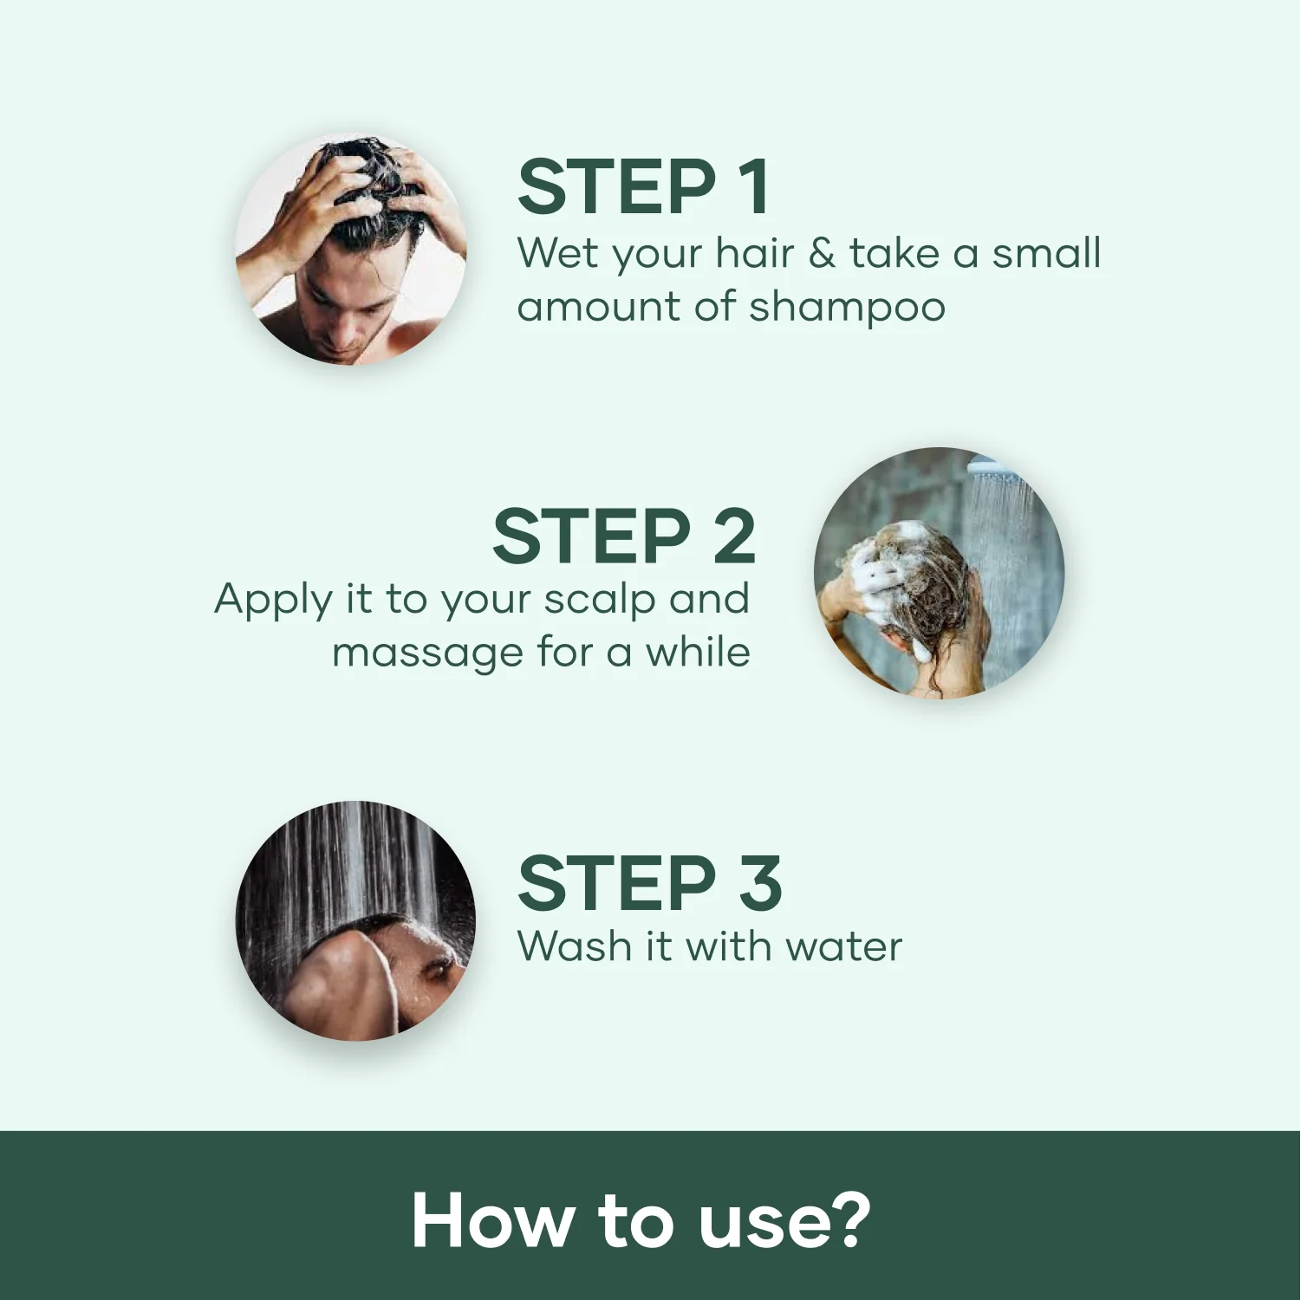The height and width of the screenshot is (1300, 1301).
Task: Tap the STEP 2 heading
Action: coord(623,536)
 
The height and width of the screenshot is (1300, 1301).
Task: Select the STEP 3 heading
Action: coord(649,883)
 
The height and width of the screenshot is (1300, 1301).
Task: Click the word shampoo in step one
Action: coord(847,308)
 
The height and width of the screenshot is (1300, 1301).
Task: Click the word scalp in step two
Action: coord(599,600)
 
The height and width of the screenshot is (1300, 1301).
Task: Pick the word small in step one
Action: coord(1045,253)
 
